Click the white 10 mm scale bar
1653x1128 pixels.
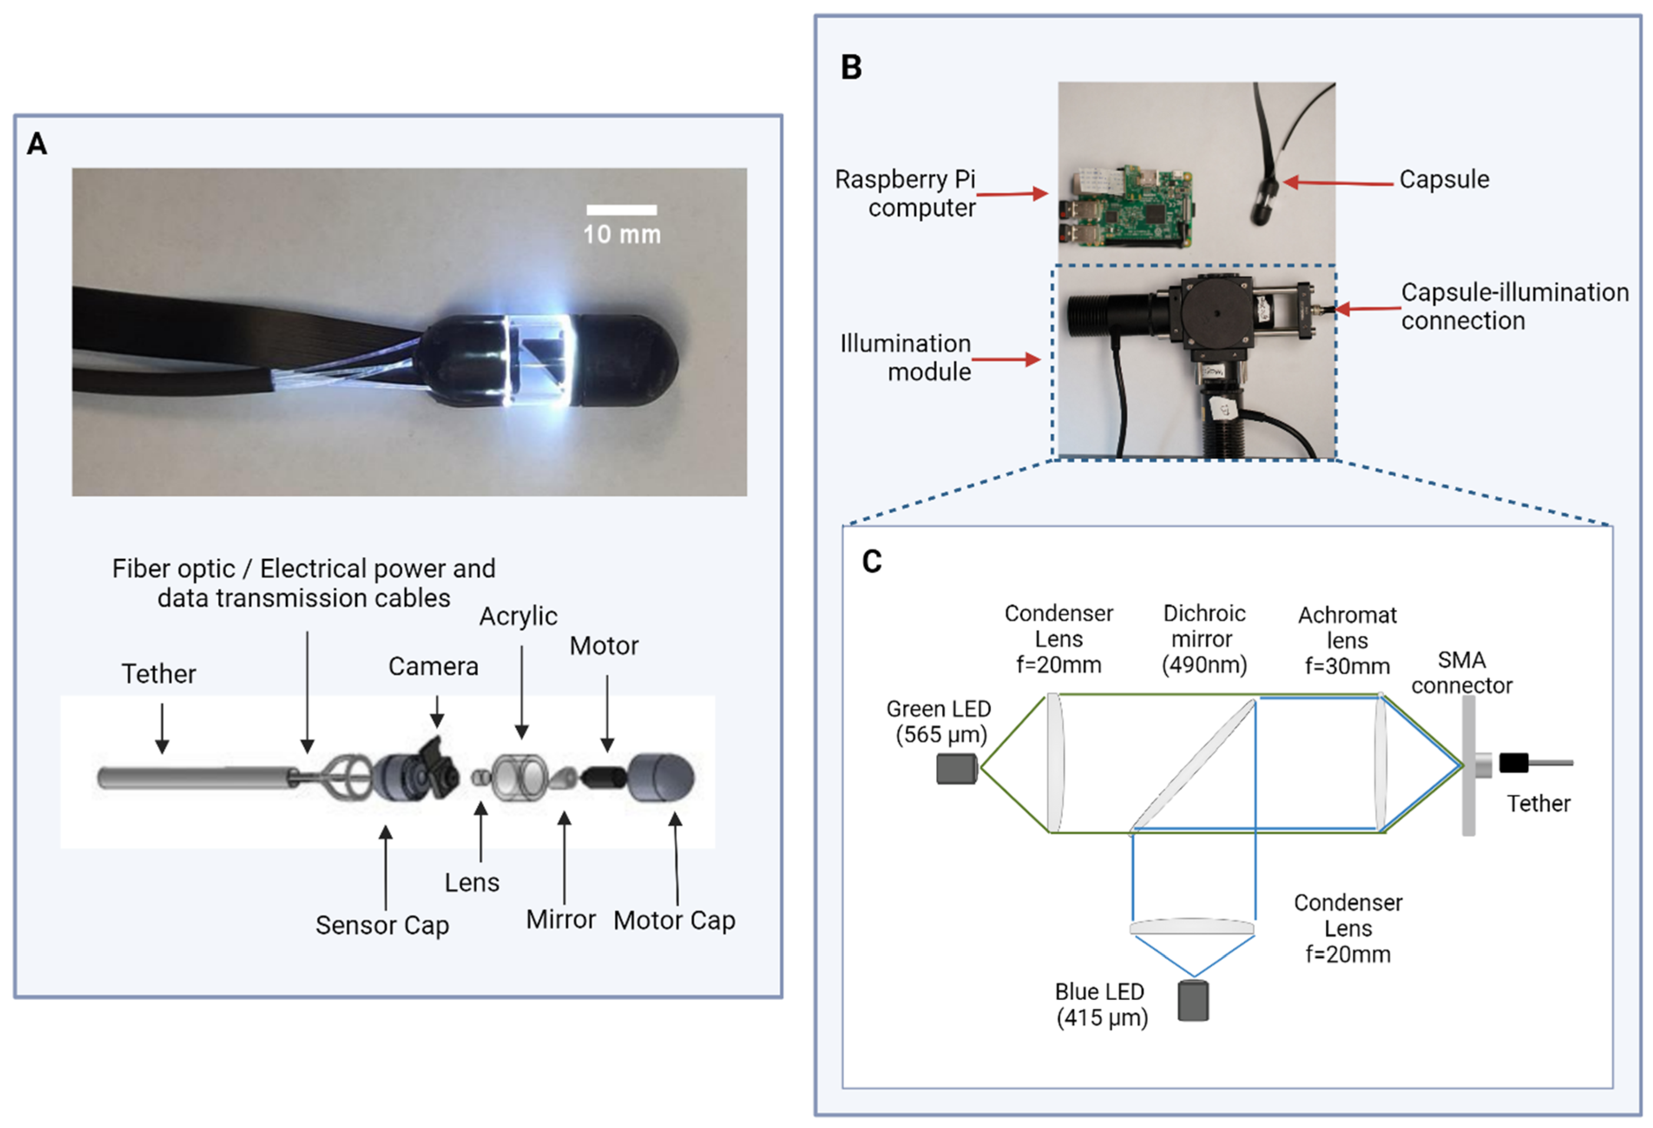[x=621, y=210]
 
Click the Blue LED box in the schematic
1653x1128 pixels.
[x=1193, y=1001]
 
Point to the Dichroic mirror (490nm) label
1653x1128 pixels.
[x=1203, y=639]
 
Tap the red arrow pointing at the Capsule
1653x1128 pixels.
[x=1337, y=183]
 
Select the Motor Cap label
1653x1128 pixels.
[x=674, y=920]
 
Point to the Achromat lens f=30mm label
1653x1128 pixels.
[x=1347, y=640]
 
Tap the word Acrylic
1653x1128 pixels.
[x=518, y=616]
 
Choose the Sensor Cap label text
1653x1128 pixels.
[x=382, y=925]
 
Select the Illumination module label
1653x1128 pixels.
[x=905, y=358]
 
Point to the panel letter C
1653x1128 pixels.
[x=871, y=562]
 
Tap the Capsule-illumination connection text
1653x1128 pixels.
[x=1514, y=306]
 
